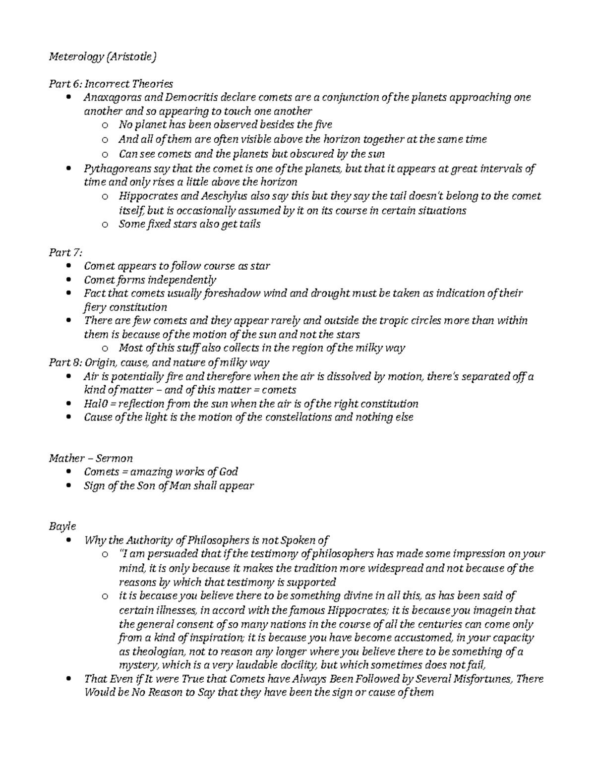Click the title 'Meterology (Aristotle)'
pyautogui.click(x=102, y=57)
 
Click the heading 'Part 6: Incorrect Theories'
pyautogui.click(x=111, y=83)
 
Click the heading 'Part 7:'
pyautogui.click(x=65, y=252)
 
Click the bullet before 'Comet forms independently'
pyautogui.click(x=68, y=280)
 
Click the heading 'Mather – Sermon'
pyautogui.click(x=90, y=458)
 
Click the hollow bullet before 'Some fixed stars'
pyautogui.click(x=104, y=225)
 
